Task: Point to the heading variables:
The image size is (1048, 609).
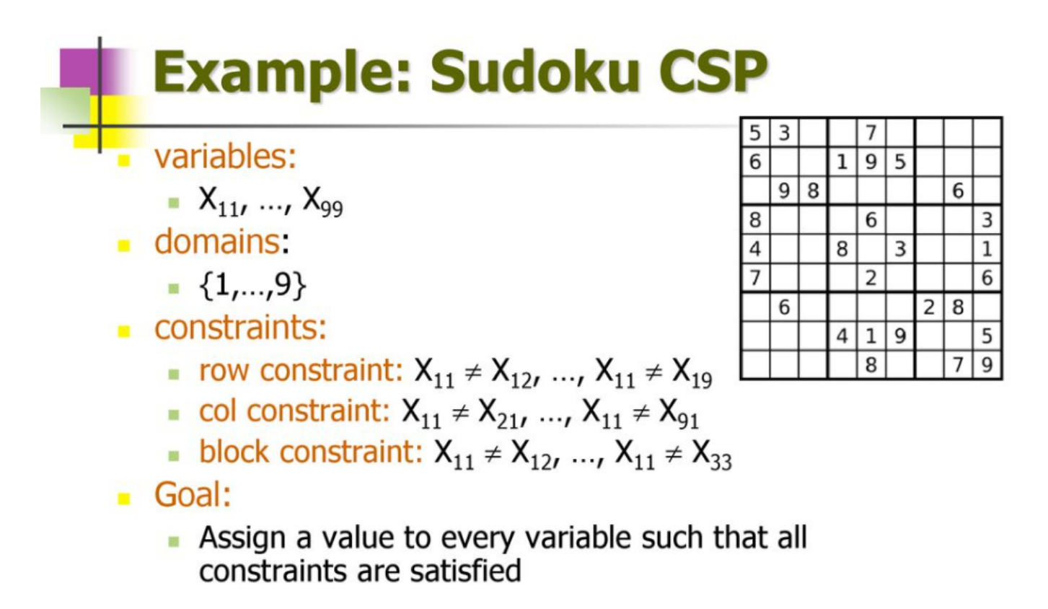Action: [226, 157]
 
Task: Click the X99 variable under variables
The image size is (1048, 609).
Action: [323, 201]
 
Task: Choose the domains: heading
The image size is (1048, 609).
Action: [221, 242]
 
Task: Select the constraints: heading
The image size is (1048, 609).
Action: [240, 327]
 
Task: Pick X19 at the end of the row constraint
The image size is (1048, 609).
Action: [692, 373]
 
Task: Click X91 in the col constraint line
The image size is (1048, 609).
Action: [679, 413]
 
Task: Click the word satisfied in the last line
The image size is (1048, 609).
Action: [465, 571]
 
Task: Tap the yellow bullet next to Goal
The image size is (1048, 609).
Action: [123, 499]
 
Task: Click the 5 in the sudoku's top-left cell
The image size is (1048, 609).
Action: [755, 133]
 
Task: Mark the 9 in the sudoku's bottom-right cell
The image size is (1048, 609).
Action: [987, 364]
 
